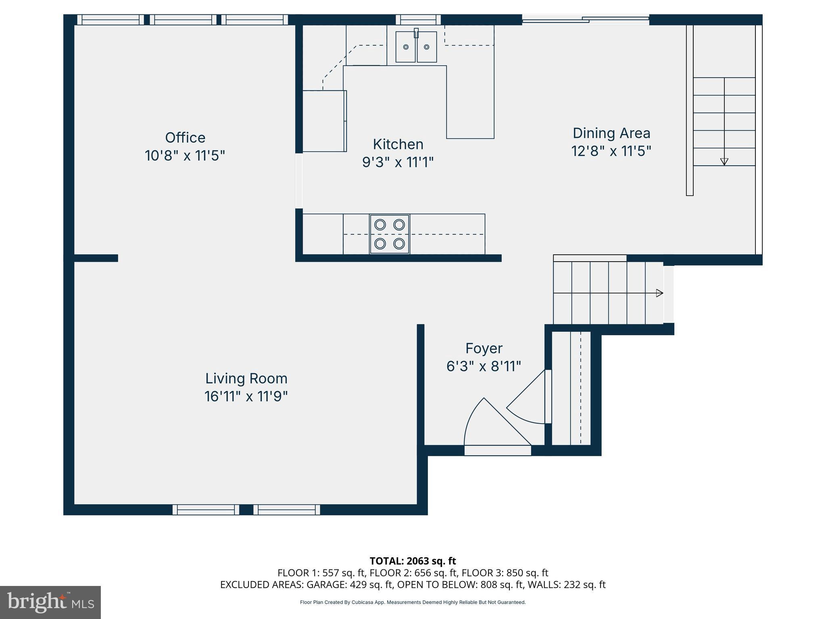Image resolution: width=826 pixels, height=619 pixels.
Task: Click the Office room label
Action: pos(185,138)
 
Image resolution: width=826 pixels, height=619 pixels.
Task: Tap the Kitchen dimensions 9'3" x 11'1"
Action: pos(398,162)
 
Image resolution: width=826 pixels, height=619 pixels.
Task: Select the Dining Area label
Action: pos(611,133)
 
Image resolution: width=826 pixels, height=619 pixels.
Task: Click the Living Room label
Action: pos(246,378)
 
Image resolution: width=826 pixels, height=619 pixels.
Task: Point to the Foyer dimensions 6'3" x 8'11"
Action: pos(483,366)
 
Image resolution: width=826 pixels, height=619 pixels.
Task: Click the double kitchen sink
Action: pos(416,47)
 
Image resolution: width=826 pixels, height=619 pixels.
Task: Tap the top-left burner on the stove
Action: pos(380,224)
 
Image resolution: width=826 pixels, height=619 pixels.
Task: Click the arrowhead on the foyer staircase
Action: pos(659,293)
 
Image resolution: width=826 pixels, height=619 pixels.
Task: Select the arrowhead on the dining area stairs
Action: pos(724,162)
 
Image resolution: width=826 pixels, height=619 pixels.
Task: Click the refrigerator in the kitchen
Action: pos(324,121)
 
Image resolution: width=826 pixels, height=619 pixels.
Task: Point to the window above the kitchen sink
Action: pos(418,20)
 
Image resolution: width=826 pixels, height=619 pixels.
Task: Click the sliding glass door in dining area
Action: pos(585,19)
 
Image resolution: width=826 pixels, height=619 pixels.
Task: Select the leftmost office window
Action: pos(110,20)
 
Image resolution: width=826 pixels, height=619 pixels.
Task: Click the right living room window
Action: pos(287,510)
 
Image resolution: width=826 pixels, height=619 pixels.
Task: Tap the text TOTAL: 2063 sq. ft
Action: pos(413,561)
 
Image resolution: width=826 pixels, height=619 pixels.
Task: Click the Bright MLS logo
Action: pos(50,602)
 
